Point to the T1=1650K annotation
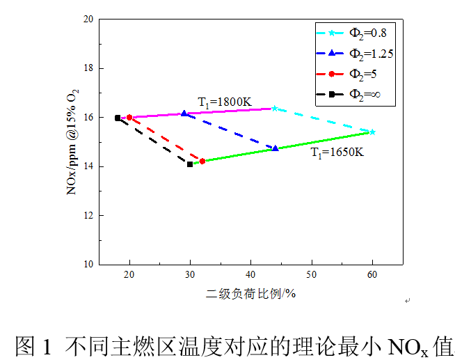[x=337, y=151]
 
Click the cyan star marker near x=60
[x=372, y=132]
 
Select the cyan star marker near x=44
[x=275, y=108]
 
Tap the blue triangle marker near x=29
[x=184, y=113]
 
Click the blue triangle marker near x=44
[x=276, y=148]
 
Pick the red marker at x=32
[x=202, y=161]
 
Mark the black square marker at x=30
[x=190, y=164]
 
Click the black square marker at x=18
[x=118, y=118]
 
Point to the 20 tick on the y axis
[x=88, y=19]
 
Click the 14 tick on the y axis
[x=88, y=166]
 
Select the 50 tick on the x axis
[x=312, y=276]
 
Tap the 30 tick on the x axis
[x=190, y=276]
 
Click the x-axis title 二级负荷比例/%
[x=251, y=294]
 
